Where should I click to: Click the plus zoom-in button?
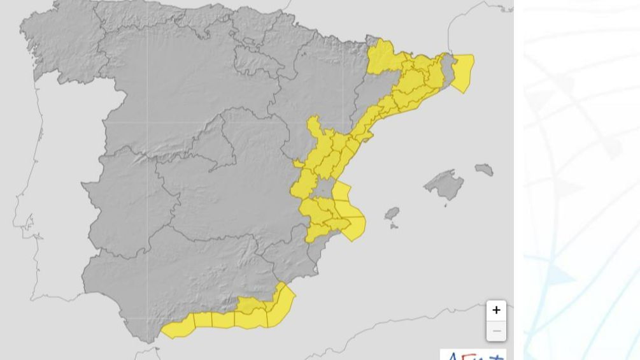(496, 310)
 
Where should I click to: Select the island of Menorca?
(484, 169)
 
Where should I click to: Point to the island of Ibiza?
(392, 213)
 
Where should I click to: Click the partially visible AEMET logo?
(473, 355)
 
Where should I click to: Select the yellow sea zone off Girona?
(463, 71)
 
